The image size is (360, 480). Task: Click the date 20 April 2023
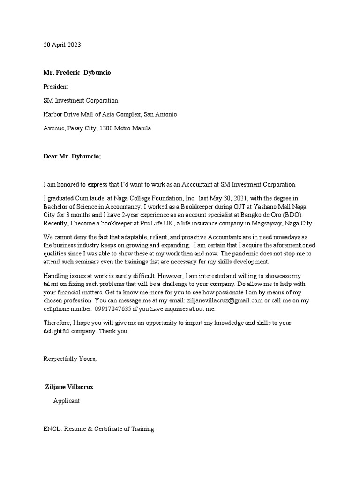[62, 45]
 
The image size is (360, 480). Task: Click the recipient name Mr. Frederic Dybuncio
[77, 73]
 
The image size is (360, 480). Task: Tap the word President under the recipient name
[56, 87]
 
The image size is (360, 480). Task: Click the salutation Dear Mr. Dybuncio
[72, 157]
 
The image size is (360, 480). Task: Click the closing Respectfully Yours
[70, 359]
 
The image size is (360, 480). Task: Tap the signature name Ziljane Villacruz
[72, 387]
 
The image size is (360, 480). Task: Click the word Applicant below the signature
[67, 401]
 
